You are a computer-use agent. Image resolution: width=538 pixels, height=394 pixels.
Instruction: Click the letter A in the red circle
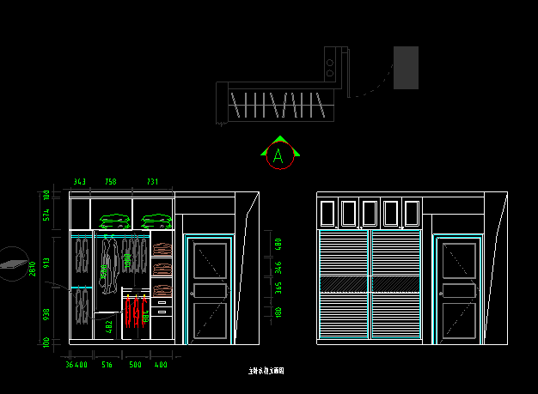278,157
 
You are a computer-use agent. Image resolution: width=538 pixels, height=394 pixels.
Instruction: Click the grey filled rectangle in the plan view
406,68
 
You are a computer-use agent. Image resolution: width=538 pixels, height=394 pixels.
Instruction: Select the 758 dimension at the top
111,182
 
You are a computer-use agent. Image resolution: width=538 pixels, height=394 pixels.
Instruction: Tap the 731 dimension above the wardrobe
151,182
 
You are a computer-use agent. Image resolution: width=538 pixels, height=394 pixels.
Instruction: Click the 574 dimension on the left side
46,215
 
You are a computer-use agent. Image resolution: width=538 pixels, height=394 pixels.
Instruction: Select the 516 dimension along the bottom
107,366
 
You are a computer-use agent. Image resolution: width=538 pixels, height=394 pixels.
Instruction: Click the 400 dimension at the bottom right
161,366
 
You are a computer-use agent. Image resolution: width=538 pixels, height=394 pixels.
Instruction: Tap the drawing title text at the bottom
266,372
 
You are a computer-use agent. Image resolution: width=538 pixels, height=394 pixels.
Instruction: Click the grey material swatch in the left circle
12,264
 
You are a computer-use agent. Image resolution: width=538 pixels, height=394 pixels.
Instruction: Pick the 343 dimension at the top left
79,182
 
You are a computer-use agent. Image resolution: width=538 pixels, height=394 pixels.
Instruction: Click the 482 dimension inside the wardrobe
109,326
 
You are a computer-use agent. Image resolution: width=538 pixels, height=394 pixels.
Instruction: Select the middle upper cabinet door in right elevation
370,213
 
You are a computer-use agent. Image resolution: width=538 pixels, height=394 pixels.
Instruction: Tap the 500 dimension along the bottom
135,366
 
